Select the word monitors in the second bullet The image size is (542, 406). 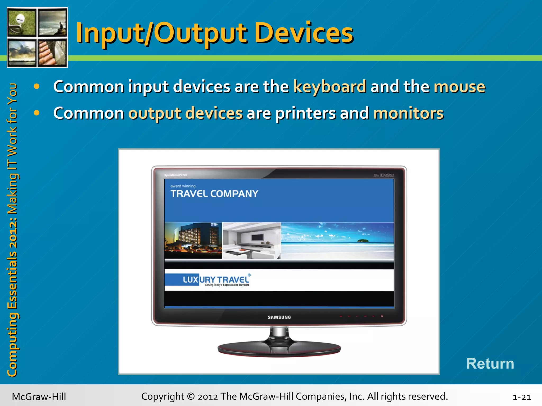click(x=408, y=113)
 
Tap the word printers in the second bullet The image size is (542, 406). click(x=306, y=113)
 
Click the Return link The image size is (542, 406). click(x=490, y=363)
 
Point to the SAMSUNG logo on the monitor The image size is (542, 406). click(x=279, y=317)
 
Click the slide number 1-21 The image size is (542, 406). click(x=522, y=397)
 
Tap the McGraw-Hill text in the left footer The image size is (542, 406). click(x=39, y=397)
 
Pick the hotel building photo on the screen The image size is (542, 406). click(x=193, y=241)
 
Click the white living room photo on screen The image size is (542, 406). click(x=251, y=241)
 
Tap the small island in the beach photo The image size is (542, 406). click(x=363, y=241)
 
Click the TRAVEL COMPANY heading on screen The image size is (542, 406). click(x=214, y=194)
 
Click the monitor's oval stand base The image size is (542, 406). click(x=279, y=349)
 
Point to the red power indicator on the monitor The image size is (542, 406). click(x=382, y=316)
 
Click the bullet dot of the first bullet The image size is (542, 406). click(x=37, y=86)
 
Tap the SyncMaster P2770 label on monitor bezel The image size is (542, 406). click(x=175, y=175)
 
